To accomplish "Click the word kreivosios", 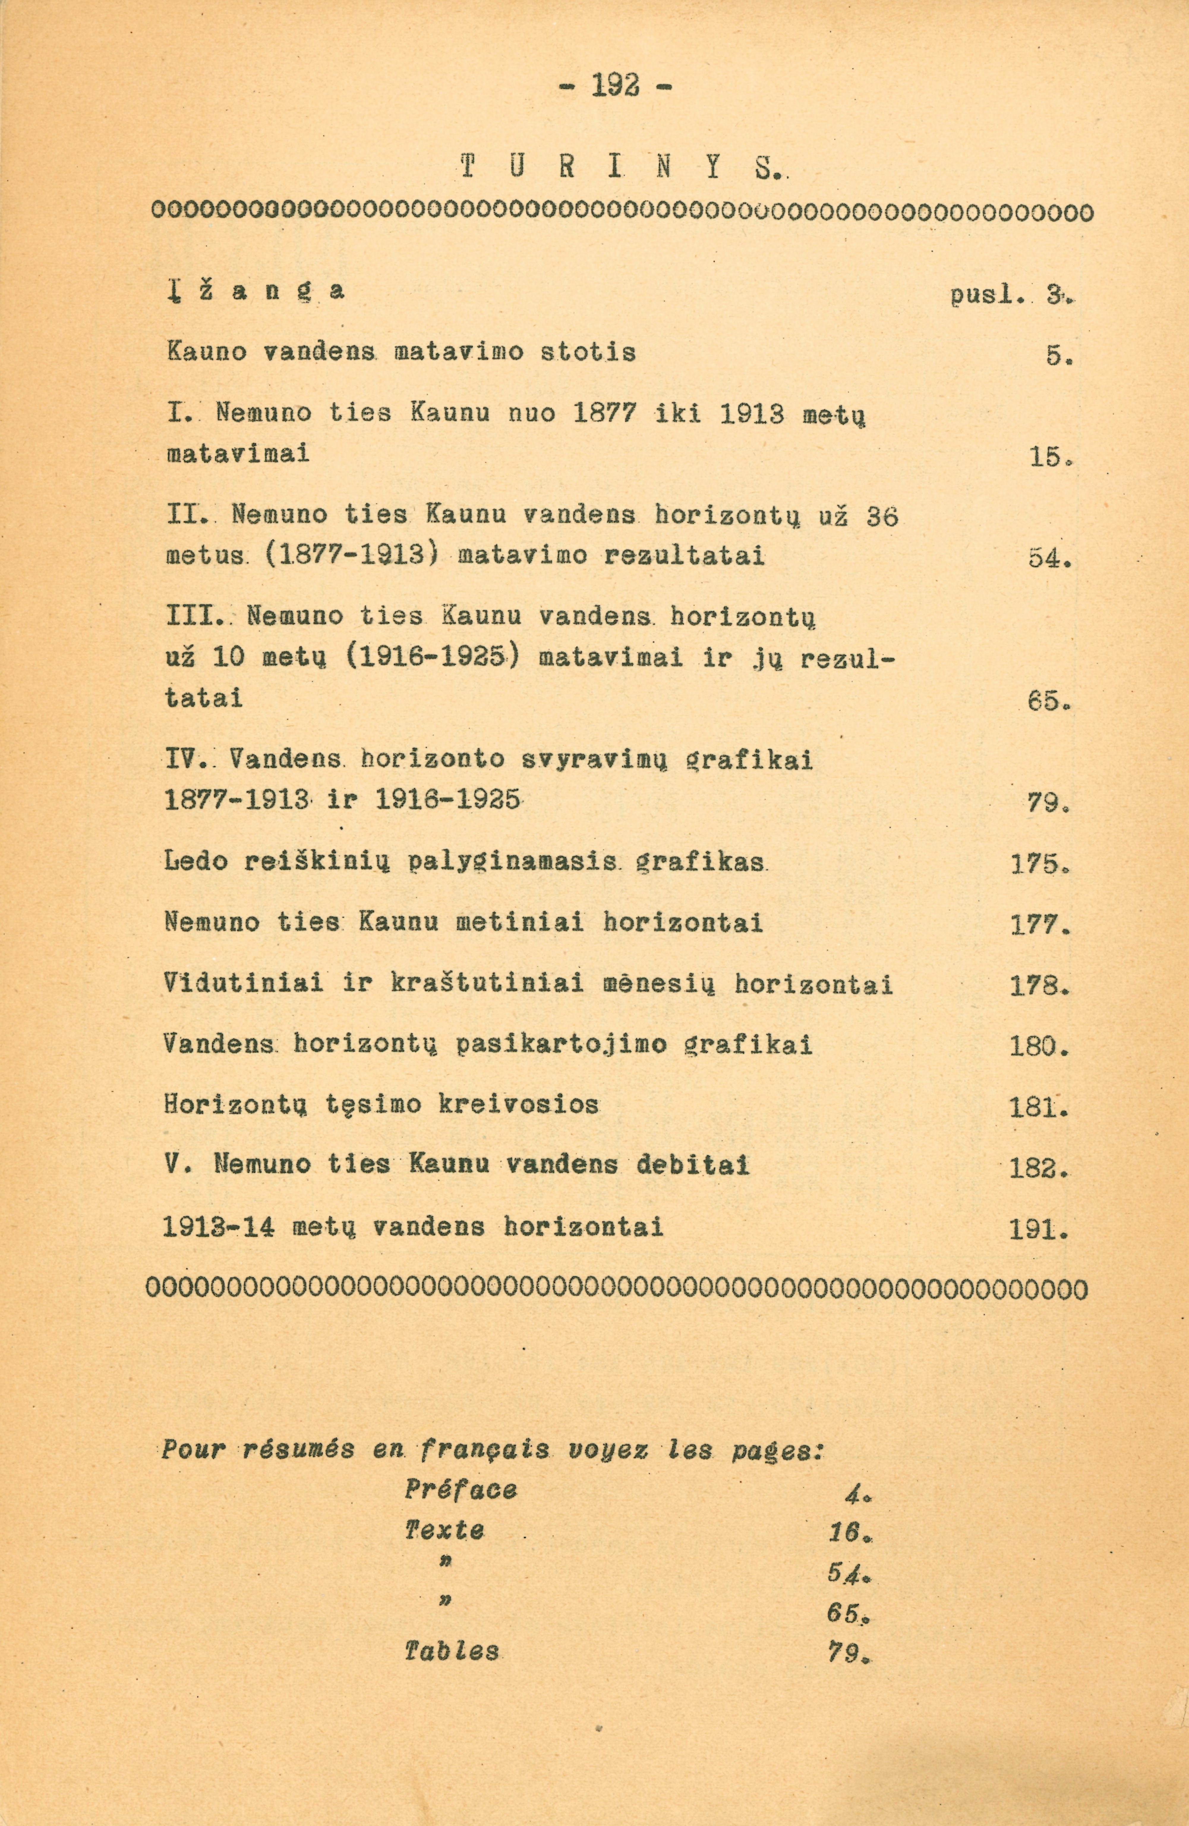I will click(518, 1105).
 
